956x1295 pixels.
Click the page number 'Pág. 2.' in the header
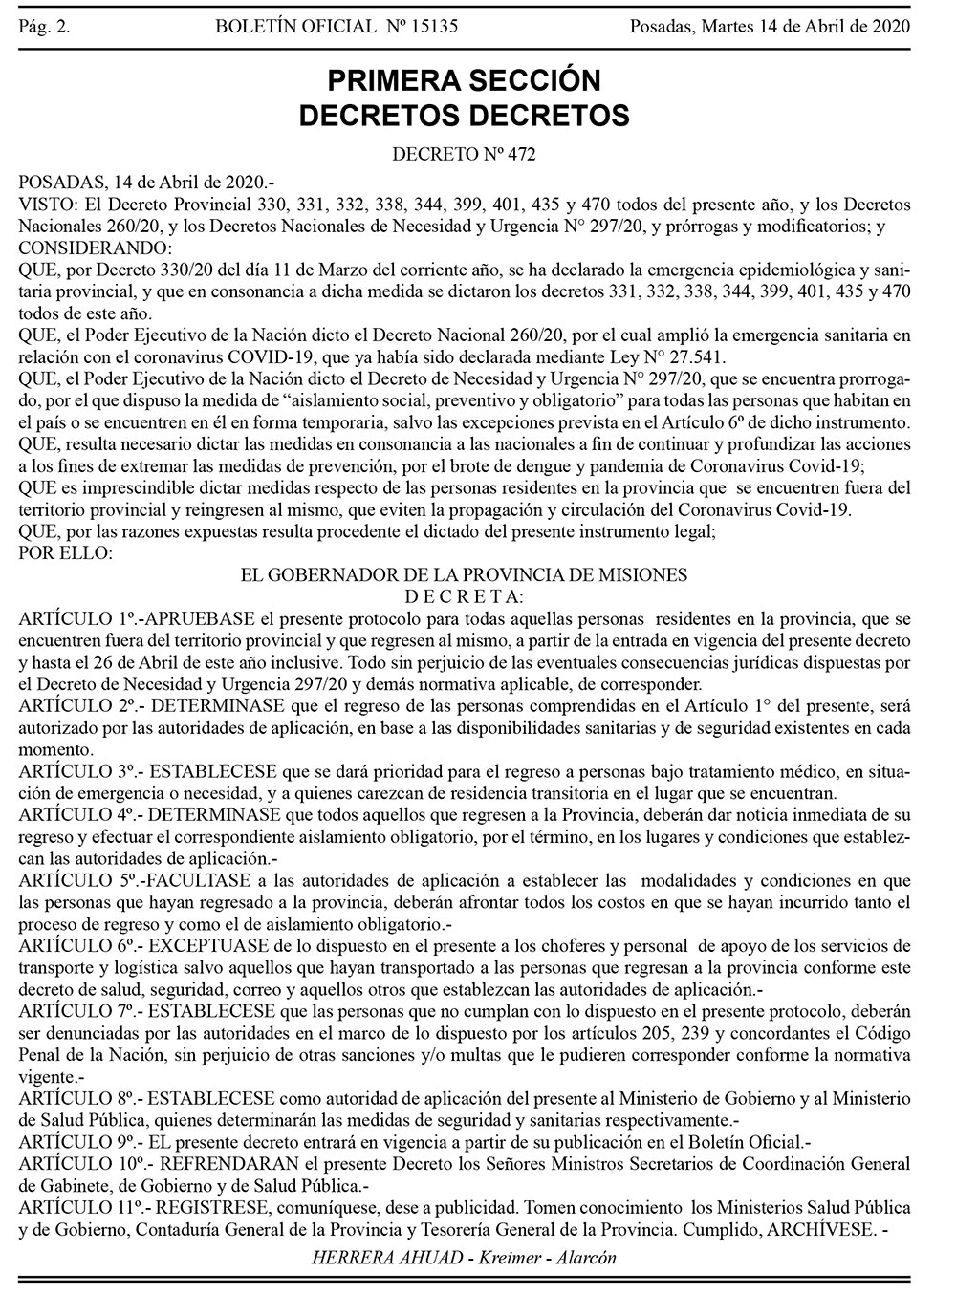(43, 26)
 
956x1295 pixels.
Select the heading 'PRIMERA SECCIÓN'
(465, 78)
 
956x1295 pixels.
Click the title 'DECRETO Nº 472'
(465, 152)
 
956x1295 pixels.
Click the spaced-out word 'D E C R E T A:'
(464, 596)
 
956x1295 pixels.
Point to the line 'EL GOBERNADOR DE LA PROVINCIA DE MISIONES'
(464, 575)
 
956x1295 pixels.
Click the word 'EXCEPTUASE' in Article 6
(205, 946)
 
